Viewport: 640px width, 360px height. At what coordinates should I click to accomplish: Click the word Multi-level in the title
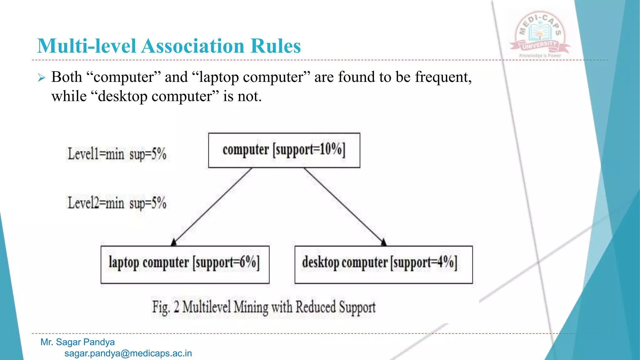(87, 46)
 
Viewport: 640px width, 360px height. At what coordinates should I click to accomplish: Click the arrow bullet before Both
(42, 77)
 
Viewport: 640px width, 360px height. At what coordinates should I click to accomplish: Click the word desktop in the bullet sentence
(122, 96)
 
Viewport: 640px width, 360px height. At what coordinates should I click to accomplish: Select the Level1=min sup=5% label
(117, 154)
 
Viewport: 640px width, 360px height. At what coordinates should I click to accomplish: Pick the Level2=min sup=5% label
(117, 203)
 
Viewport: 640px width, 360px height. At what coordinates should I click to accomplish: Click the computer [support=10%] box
(284, 150)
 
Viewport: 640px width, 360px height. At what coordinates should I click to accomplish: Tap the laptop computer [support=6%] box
(185, 264)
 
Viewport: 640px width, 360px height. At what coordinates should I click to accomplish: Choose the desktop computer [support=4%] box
(383, 264)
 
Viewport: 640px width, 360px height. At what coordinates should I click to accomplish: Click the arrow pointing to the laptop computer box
(212, 207)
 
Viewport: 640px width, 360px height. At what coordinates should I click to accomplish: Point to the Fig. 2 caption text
(264, 307)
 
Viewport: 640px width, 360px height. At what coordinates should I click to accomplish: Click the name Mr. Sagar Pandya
(77, 342)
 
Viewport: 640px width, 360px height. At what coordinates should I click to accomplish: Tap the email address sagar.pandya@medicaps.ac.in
(128, 353)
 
